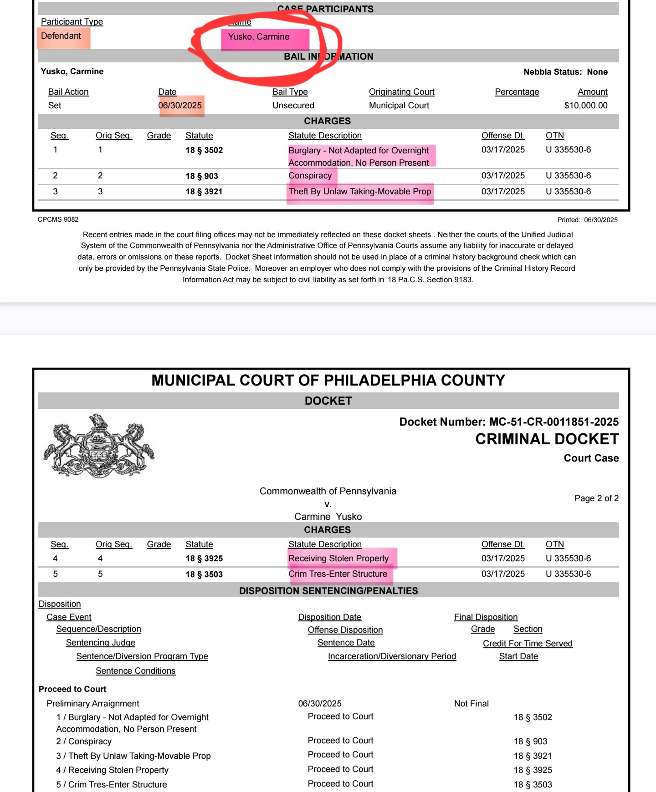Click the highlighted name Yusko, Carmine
click(x=259, y=37)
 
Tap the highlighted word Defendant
click(x=61, y=36)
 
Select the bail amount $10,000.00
click(x=585, y=106)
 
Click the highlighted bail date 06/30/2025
click(x=180, y=106)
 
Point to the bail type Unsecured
click(x=293, y=106)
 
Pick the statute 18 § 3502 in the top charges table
click(x=204, y=150)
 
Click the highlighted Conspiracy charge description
click(x=310, y=176)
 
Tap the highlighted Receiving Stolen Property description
click(x=338, y=558)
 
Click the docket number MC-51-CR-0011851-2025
click(x=553, y=422)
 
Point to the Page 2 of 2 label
click(x=596, y=498)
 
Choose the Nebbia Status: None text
click(x=565, y=72)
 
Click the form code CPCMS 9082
click(x=58, y=219)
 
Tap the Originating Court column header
click(x=401, y=92)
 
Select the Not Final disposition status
click(x=471, y=704)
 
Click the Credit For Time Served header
click(x=528, y=644)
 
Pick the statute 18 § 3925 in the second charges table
click(x=204, y=558)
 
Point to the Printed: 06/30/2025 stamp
click(x=587, y=220)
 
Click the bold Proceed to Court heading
click(x=72, y=689)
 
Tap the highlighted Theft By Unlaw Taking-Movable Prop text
click(x=359, y=192)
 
